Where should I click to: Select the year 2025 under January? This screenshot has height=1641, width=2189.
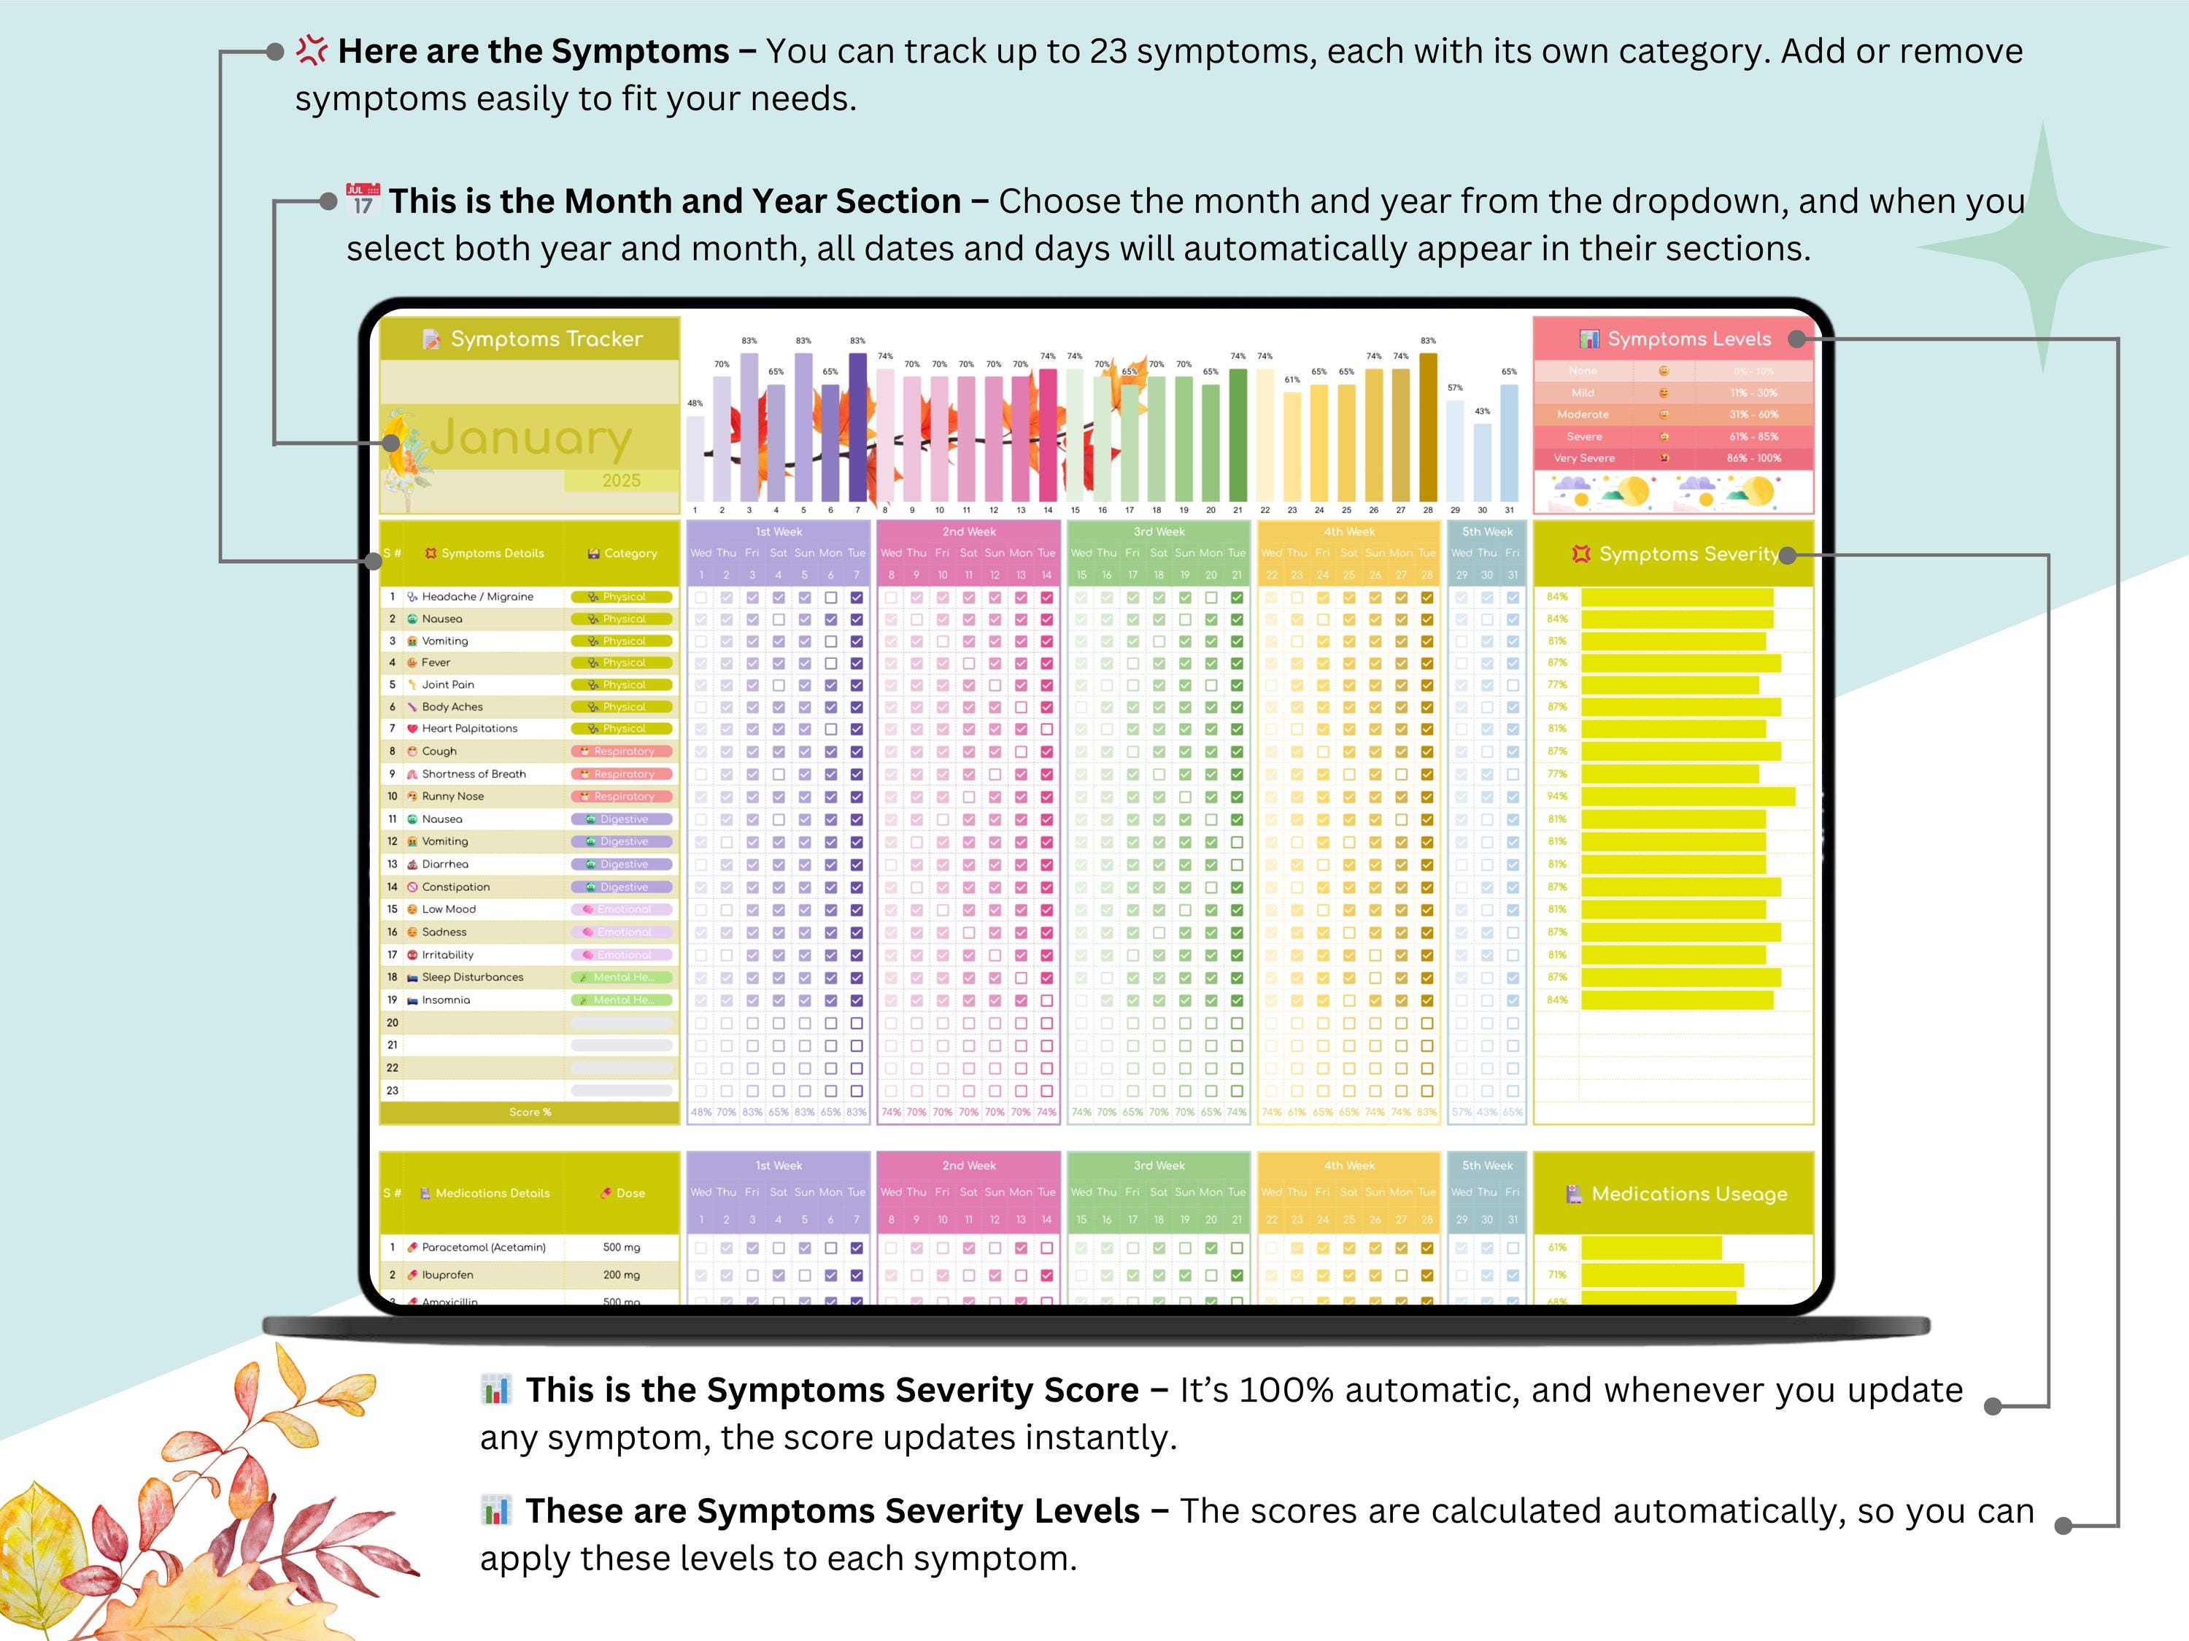622,481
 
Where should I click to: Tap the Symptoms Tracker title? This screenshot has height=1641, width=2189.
547,339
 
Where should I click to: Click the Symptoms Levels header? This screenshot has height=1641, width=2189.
1688,339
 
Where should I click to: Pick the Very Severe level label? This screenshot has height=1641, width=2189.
1583,458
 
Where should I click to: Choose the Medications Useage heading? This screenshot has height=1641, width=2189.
1688,1194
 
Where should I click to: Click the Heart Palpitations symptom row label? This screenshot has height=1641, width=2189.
469,728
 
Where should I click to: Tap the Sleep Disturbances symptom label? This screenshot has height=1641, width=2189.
472,977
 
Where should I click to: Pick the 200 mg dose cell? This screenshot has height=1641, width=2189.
622,1275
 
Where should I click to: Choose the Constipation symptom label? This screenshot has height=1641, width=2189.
455,887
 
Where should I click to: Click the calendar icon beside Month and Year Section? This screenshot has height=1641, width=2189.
362,199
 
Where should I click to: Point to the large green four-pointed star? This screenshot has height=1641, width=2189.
2045,247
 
